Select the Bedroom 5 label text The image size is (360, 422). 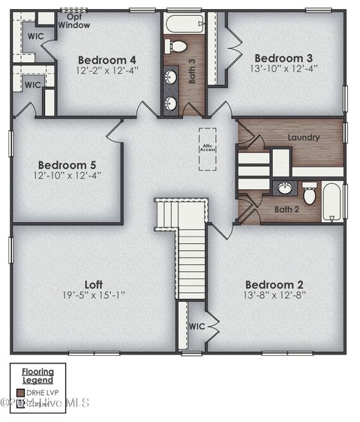click(x=67, y=164)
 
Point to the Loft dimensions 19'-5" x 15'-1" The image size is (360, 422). click(x=93, y=296)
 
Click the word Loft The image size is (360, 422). click(x=93, y=285)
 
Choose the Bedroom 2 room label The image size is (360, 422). click(x=274, y=285)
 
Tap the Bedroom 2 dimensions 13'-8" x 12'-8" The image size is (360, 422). click(x=274, y=296)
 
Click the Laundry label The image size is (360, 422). click(x=303, y=137)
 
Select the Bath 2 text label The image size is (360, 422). click(x=286, y=209)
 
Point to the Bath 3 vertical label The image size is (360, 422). click(x=192, y=71)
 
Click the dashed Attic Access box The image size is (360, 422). click(x=207, y=149)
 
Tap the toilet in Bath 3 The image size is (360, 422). click(x=177, y=47)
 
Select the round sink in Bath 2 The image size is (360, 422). click(x=286, y=188)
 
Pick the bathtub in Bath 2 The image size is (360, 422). click(x=332, y=201)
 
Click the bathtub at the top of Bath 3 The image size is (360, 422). click(x=184, y=23)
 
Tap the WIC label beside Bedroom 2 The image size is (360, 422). click(x=196, y=327)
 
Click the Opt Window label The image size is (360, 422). click(x=74, y=21)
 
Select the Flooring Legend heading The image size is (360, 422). click(x=37, y=375)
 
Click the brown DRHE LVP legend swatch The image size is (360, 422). click(x=20, y=392)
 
